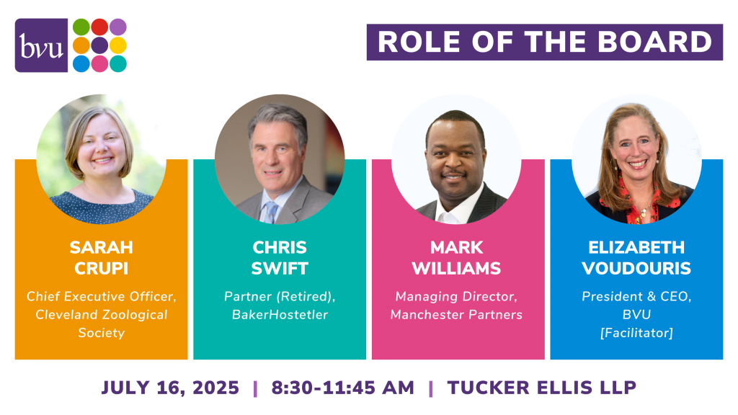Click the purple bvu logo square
pos(41,45)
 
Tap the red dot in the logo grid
pos(99,27)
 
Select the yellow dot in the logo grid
pos(117,45)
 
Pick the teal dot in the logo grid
pos(117,63)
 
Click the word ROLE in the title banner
pos(419,42)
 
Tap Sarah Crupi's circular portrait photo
pos(101,159)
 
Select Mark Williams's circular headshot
pos(456,159)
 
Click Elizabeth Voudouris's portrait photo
pos(636,159)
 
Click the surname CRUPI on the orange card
pos(101,268)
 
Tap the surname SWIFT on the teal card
pos(280,268)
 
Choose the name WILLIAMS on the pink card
pos(456,268)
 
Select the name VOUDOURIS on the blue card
pos(636,268)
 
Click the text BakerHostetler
pos(280,314)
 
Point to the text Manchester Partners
pos(456,314)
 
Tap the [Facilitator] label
pos(636,333)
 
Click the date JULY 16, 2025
pos(170,388)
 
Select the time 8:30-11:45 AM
pos(342,388)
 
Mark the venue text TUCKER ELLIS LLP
pos(542,388)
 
